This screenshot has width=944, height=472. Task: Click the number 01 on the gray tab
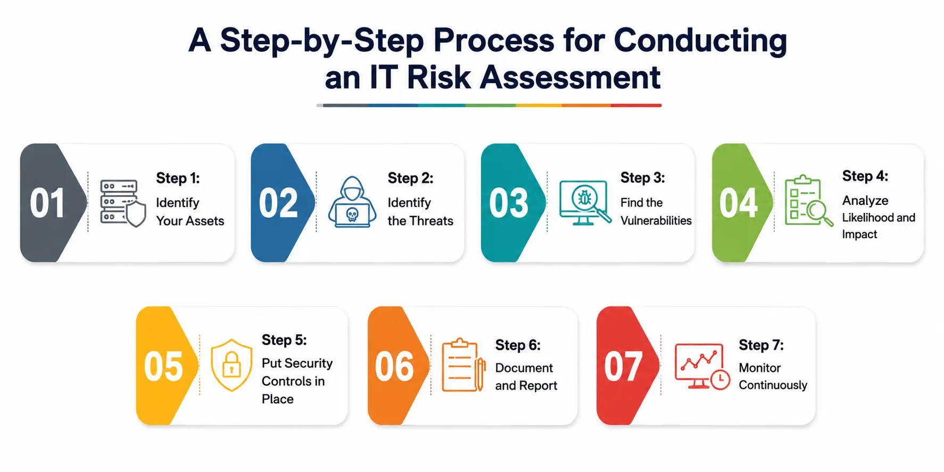pyautogui.click(x=47, y=203)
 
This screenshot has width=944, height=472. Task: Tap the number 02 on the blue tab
pyautogui.click(x=278, y=203)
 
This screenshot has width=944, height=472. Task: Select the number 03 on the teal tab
pyautogui.click(x=509, y=203)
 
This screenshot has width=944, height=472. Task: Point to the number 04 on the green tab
pyautogui.click(x=739, y=203)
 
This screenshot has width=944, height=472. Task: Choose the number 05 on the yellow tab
pyautogui.click(x=163, y=366)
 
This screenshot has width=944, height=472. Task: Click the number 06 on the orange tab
pyautogui.click(x=394, y=366)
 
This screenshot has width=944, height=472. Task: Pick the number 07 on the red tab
pyautogui.click(x=623, y=366)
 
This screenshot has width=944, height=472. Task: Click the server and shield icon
pyautogui.click(x=123, y=203)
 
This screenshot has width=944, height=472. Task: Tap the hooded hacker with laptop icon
pyautogui.click(x=352, y=202)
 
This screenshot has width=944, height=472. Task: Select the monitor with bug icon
pyautogui.click(x=585, y=203)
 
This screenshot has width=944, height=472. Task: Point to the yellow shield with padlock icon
pyautogui.click(x=231, y=365)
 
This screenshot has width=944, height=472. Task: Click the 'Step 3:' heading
pyautogui.click(x=643, y=178)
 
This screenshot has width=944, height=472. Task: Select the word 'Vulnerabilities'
pyautogui.click(x=656, y=220)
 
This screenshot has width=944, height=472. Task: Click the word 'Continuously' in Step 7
pyautogui.click(x=773, y=385)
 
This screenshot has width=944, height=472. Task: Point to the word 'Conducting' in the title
pyautogui.click(x=700, y=41)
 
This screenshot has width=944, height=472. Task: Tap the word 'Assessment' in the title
pyautogui.click(x=570, y=77)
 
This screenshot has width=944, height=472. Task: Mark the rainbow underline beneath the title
pyautogui.click(x=489, y=105)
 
